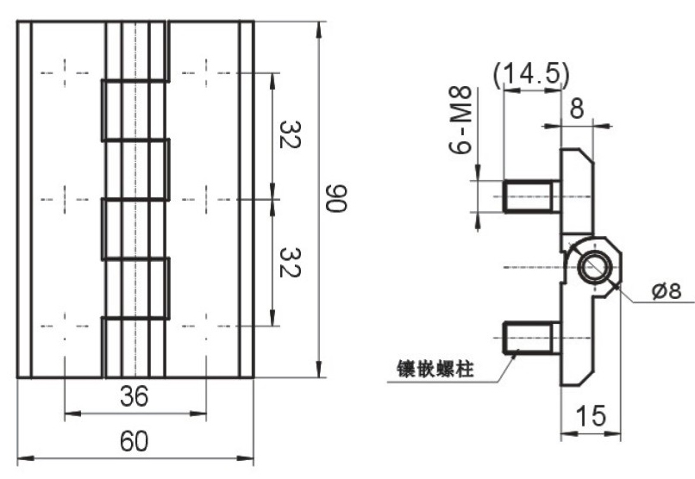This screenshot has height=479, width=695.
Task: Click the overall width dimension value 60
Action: [x=134, y=441]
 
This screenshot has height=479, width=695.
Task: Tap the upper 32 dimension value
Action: [x=288, y=134]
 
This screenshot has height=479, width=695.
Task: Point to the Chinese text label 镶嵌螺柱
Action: [x=428, y=368]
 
